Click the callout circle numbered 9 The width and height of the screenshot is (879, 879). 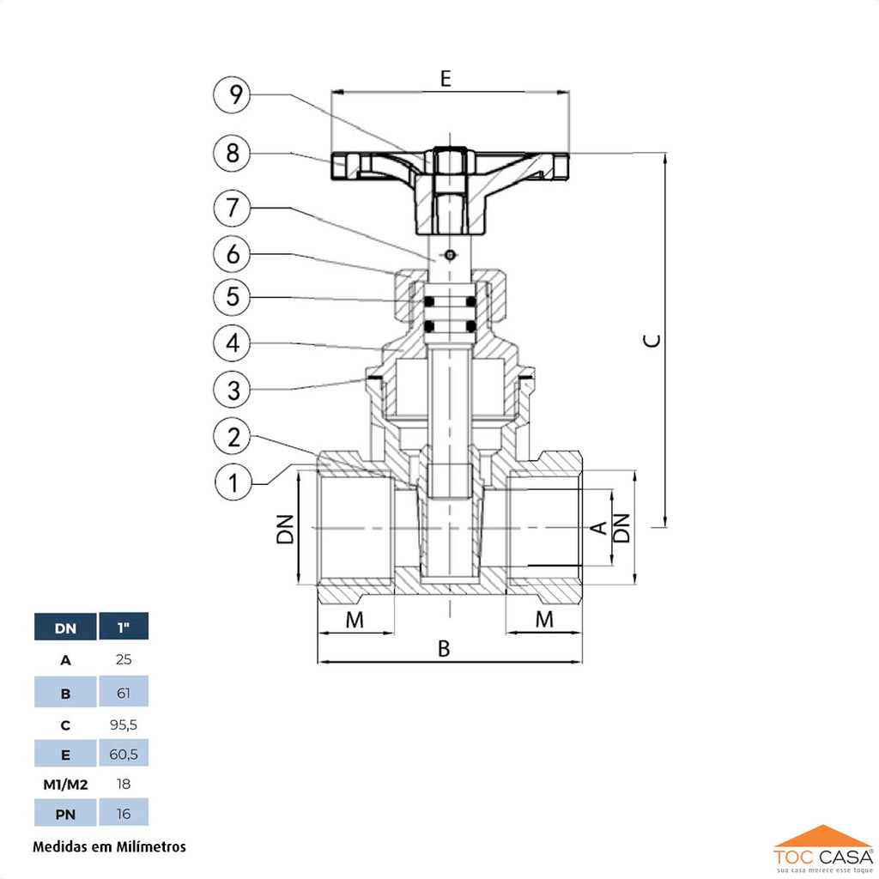232,95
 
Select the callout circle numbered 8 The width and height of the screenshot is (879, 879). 232,154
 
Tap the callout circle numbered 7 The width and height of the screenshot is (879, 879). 232,208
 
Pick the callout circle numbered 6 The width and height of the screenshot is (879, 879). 232,254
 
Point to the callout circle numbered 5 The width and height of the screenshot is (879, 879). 232,297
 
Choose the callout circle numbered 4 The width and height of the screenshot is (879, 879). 232,344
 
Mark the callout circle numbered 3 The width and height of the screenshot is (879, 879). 232,391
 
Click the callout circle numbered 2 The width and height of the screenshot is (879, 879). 232,437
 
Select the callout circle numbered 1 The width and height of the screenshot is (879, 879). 232,482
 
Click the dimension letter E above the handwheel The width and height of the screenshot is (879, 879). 446,79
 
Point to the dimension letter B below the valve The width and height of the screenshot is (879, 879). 444,649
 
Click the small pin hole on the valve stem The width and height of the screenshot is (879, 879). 449,255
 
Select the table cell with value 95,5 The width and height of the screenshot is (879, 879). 124,724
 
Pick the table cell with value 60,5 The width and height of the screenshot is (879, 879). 124,755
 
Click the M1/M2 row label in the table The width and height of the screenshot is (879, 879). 65,784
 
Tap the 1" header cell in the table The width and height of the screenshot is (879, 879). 124,627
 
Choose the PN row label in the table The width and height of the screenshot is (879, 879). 65,813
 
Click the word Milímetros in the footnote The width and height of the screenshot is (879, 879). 148,846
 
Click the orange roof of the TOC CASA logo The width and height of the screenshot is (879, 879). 822,835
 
